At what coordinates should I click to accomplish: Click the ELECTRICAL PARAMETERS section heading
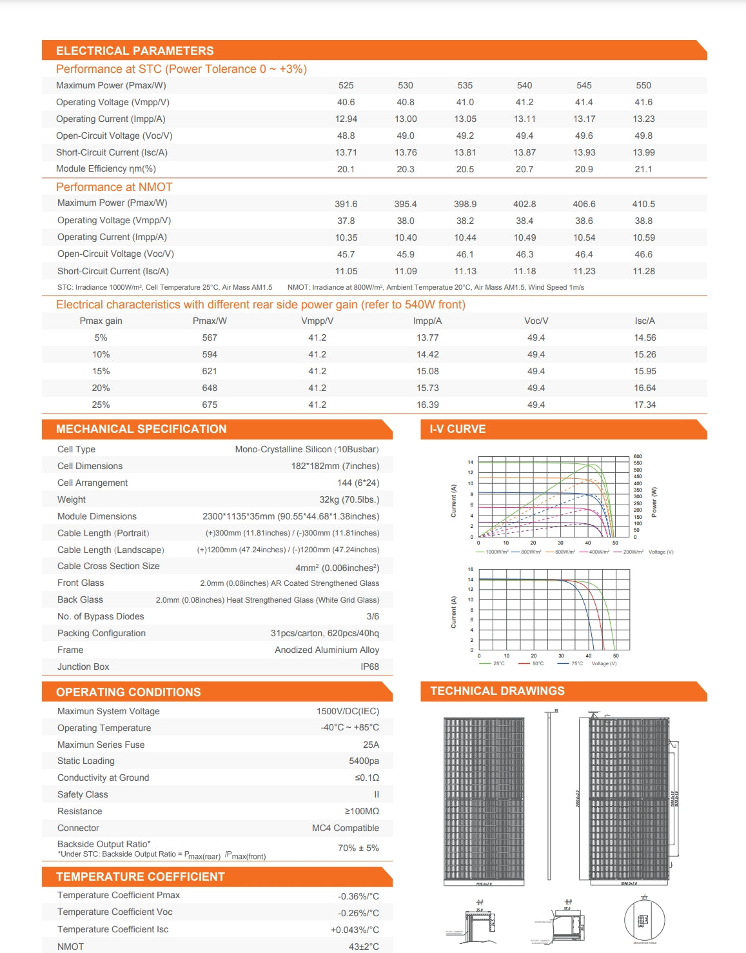(x=135, y=50)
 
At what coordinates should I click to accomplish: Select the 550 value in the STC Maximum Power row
(x=643, y=85)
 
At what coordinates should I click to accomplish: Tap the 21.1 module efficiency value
(x=643, y=169)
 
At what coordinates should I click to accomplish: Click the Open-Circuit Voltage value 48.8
(x=346, y=135)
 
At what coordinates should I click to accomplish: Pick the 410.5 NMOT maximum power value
(x=643, y=204)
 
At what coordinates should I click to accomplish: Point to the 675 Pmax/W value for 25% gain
(x=210, y=405)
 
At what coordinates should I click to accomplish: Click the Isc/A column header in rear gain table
(x=644, y=321)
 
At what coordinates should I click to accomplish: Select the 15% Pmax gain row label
(x=101, y=371)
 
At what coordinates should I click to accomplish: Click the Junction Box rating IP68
(x=369, y=667)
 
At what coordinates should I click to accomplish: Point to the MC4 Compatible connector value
(x=345, y=828)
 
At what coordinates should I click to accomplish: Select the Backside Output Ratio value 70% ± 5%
(x=358, y=848)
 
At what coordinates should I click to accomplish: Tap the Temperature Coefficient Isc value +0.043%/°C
(x=355, y=930)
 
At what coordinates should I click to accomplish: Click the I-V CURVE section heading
(x=458, y=429)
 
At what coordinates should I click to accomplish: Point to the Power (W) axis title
(x=654, y=501)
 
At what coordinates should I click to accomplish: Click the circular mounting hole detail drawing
(x=644, y=919)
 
